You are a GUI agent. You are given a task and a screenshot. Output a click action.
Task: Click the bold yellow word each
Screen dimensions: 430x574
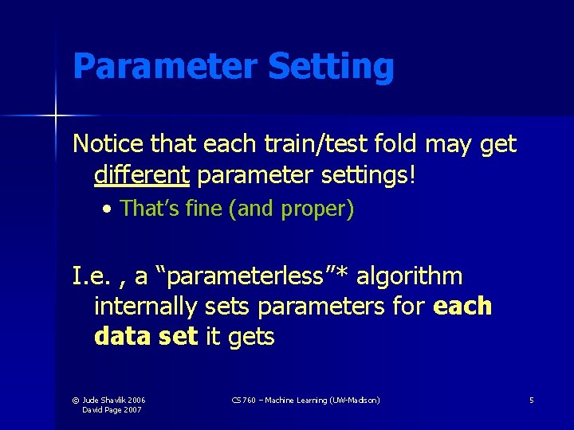[x=462, y=307]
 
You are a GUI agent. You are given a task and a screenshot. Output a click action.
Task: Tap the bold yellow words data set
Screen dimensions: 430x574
[x=144, y=336]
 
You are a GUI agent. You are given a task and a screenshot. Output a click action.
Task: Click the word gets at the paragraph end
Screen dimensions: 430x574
[x=250, y=336]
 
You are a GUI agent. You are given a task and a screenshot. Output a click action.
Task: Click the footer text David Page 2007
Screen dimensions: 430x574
[x=113, y=409]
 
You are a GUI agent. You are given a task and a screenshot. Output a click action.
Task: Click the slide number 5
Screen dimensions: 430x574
[x=531, y=400]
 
